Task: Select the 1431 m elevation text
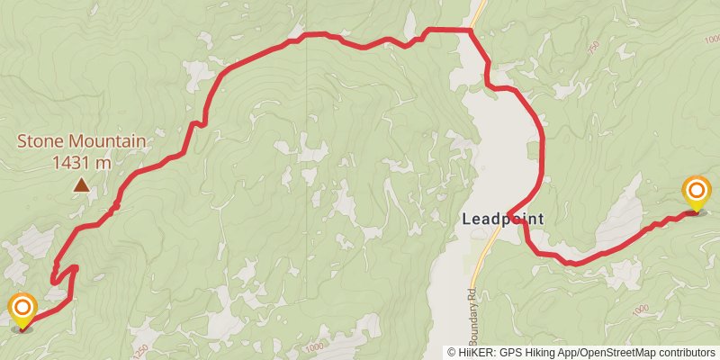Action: (x=81, y=163)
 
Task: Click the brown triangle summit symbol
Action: (x=82, y=185)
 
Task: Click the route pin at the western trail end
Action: (x=22, y=310)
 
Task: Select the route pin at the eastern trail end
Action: (x=697, y=191)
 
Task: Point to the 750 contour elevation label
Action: (x=592, y=50)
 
